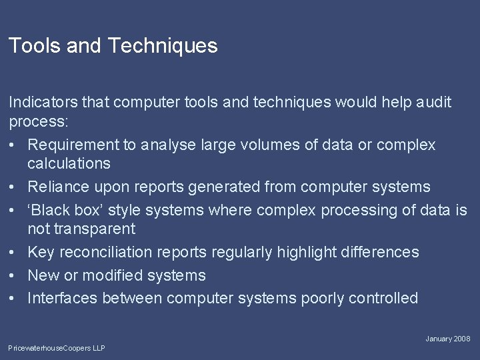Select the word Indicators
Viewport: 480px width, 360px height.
pos(41,102)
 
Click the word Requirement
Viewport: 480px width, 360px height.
pos(73,145)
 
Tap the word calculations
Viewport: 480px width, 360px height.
pos(69,163)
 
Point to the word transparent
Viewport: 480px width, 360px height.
pos(81,229)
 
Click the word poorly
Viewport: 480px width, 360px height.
pos(324,298)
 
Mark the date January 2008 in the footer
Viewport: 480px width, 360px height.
pos(448,339)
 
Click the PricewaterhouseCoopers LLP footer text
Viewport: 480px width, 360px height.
pos(57,348)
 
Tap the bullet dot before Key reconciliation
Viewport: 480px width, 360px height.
pos(13,252)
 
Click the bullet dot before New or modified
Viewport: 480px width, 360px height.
pos(13,275)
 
